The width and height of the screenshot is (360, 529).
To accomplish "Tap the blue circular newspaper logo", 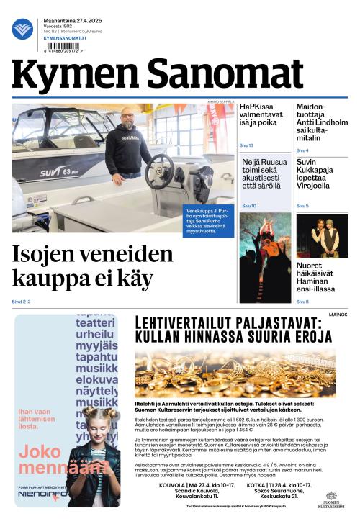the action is coord(22,29).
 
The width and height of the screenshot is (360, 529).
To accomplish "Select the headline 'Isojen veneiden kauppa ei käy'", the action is coord(93,265).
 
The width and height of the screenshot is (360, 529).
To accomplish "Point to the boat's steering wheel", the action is coord(159,171).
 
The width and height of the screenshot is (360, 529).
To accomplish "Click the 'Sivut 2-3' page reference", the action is coord(21,301).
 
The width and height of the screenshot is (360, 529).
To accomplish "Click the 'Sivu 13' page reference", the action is coord(246,145).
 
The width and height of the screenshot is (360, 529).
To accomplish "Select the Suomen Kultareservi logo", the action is coord(331,499).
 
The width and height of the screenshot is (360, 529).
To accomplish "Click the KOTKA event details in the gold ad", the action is coord(279,490).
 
